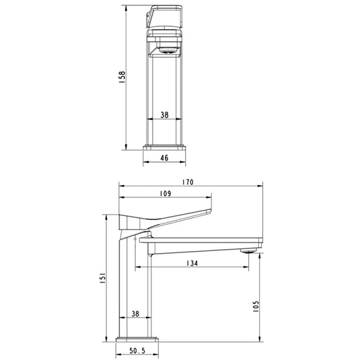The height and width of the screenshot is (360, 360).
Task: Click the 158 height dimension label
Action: (x=121, y=77)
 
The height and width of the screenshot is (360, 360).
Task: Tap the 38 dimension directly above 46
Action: (x=166, y=114)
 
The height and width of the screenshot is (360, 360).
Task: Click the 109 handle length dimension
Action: (x=166, y=194)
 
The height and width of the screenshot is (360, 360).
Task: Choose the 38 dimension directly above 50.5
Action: (x=135, y=313)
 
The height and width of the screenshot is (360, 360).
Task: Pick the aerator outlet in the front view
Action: (x=166, y=49)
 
